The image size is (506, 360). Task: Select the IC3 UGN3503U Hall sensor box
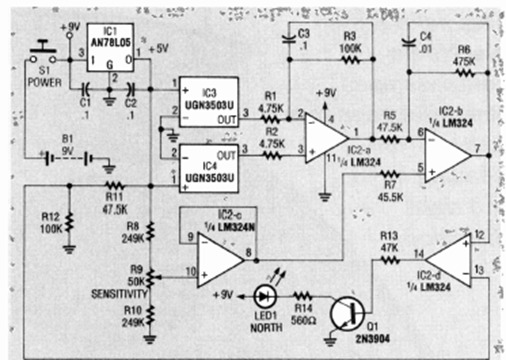pyautogui.click(x=208, y=102)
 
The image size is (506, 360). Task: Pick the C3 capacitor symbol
pyautogui.click(x=289, y=39)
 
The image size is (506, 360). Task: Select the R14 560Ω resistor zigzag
pyautogui.click(x=302, y=295)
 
